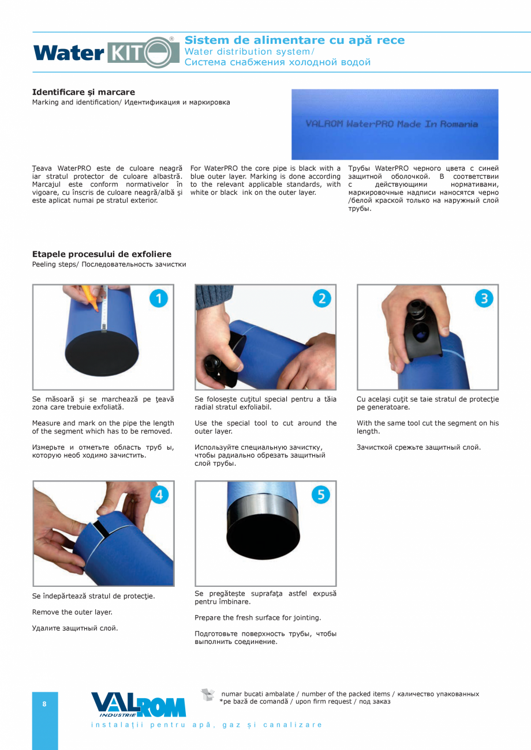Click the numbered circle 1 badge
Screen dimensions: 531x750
pyautogui.click(x=159, y=298)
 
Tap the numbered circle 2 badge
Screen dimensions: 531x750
pyautogui.click(x=322, y=298)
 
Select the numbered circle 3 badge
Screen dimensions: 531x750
pyautogui.click(x=484, y=298)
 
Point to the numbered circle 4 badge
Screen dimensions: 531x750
pyautogui.click(x=159, y=495)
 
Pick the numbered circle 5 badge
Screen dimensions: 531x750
pyautogui.click(x=321, y=495)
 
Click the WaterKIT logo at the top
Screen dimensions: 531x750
pyautogui.click(x=106, y=52)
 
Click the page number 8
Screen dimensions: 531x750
pyautogui.click(x=44, y=704)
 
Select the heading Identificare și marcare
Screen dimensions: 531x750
pyautogui.click(x=84, y=92)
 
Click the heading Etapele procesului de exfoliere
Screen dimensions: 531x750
pyautogui.click(x=102, y=254)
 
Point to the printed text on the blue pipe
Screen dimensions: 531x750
pyautogui.click(x=391, y=124)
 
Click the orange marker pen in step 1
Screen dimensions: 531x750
pyautogui.click(x=90, y=298)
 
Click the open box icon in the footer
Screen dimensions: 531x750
pyautogui.click(x=208, y=695)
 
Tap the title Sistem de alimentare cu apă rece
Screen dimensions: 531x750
pyautogui.click(x=295, y=40)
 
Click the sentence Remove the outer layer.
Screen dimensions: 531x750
pyautogui.click(x=72, y=612)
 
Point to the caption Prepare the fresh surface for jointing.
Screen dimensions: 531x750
pyautogui.click(x=258, y=618)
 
